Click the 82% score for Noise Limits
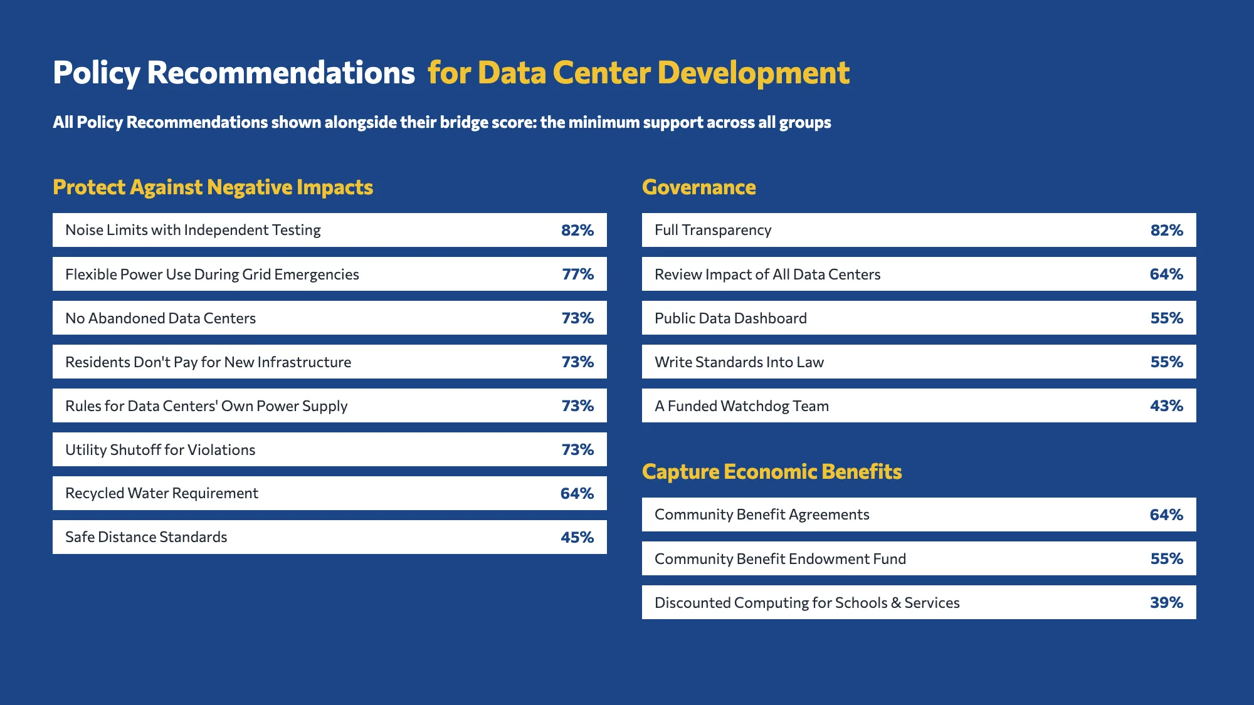pos(577,230)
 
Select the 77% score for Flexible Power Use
pos(578,274)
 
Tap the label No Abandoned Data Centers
pos(161,318)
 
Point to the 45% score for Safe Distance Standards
pos(577,537)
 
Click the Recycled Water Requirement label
pos(162,494)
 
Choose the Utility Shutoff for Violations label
pos(161,450)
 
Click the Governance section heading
pos(699,187)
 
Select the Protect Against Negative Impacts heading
pos(213,187)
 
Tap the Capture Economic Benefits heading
pos(772,472)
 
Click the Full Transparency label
pos(713,231)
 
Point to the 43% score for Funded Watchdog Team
pos(1167,405)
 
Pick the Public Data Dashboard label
pos(730,318)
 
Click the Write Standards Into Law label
pos(739,362)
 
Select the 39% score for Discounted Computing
pos(1167,602)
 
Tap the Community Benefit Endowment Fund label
pos(781,559)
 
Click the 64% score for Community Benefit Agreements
pos(1167,514)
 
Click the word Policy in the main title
pos(97,73)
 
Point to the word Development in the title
pos(754,73)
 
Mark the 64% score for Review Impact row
pos(1167,274)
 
